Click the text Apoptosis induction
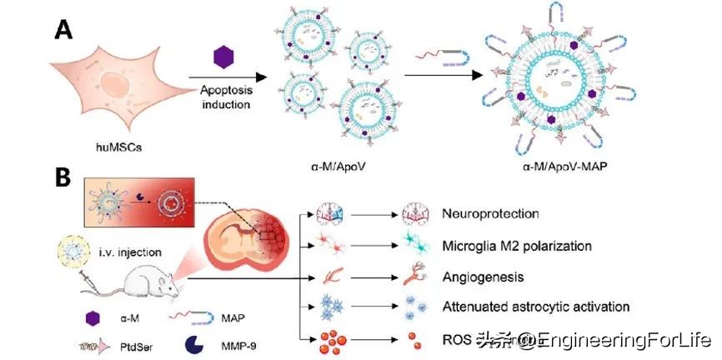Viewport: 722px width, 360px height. (224, 95)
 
